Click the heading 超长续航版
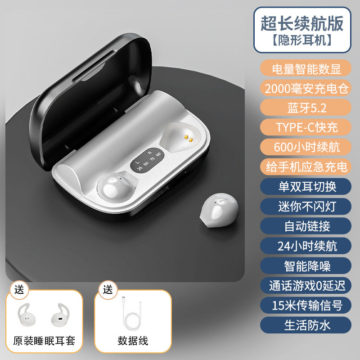302,23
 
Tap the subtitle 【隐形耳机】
302,40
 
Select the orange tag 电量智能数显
306,68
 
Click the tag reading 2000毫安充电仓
306,88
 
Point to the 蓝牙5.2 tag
306,108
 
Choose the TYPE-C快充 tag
306,127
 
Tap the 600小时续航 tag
306,147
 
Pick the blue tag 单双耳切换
306,187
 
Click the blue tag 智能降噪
306,266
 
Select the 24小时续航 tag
306,246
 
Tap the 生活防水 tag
306,325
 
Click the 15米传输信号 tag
306,306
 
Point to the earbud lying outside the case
219,210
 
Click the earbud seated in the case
116,187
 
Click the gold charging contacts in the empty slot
188,138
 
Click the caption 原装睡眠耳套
44,341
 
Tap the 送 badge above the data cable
108,290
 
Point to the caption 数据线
133,341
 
